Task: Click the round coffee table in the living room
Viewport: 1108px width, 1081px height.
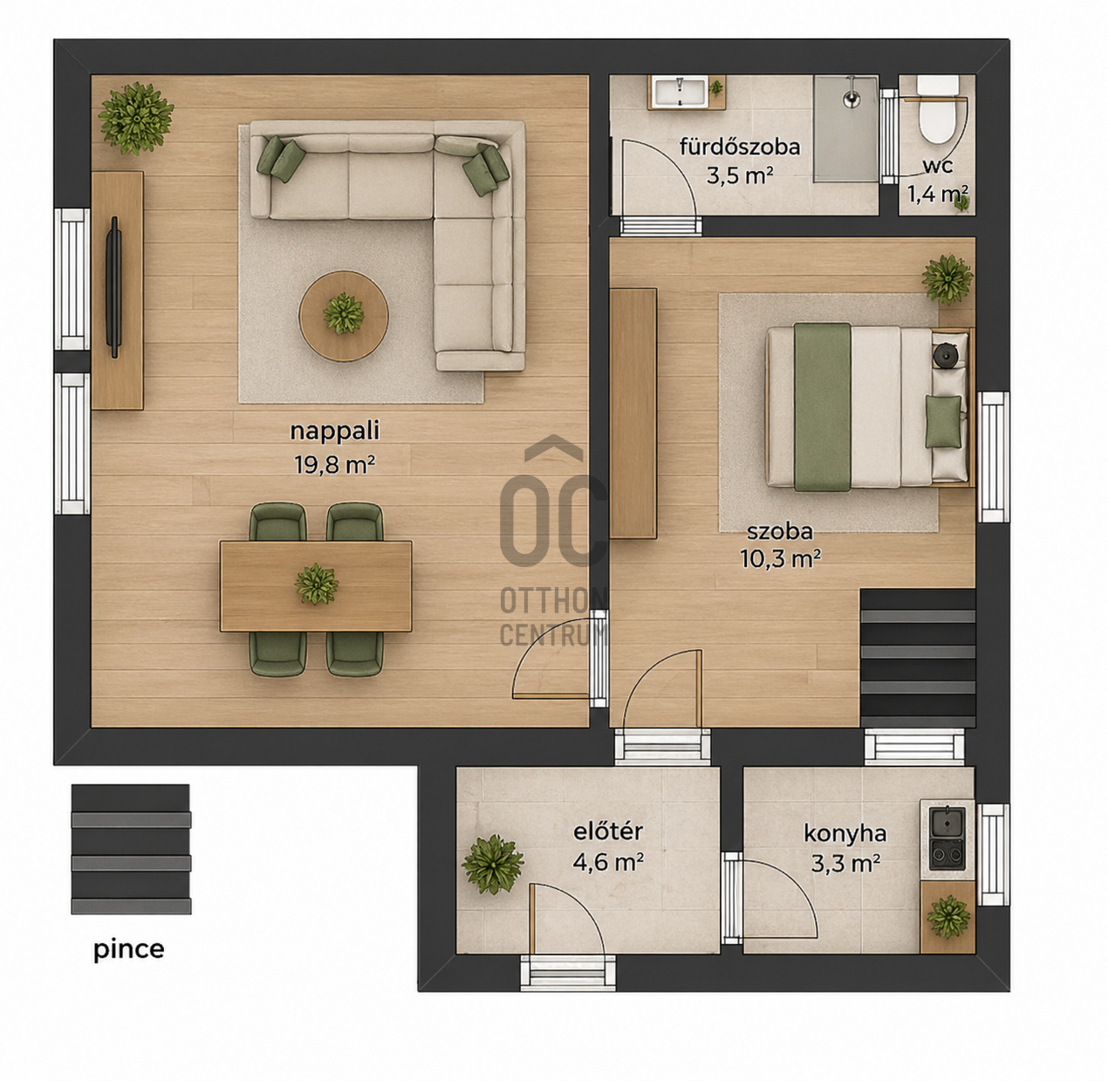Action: pos(344,316)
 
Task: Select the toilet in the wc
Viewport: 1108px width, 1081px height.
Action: pos(937,111)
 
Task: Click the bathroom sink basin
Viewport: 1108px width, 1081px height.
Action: pos(680,92)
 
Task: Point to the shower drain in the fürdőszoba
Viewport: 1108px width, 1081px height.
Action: pos(852,99)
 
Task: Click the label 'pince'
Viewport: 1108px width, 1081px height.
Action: pos(128,949)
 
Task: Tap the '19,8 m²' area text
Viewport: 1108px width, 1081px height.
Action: pos(334,465)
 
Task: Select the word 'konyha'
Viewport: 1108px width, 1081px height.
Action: pos(845,834)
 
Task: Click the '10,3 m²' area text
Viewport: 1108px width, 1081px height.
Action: pos(780,558)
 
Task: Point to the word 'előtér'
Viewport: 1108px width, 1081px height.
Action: pos(608,831)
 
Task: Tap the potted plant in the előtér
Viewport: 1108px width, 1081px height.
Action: pos(493,865)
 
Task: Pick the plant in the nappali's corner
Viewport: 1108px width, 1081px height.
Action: pos(136,119)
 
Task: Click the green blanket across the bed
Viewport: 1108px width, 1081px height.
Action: pos(822,407)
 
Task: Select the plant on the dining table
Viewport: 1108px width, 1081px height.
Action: pos(317,584)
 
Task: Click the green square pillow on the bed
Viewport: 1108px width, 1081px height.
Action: pos(943,421)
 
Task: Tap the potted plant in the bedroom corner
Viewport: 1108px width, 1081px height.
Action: pos(947,279)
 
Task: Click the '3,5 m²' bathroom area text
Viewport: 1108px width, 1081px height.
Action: pos(740,174)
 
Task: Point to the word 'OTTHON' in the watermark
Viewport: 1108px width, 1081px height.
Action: pos(552,601)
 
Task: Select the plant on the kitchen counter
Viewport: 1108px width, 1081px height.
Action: pos(948,916)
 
